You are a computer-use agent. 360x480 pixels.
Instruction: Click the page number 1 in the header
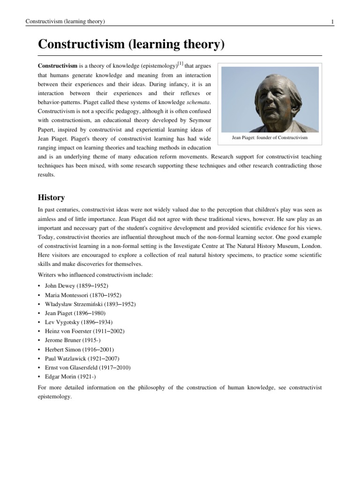click(x=332, y=22)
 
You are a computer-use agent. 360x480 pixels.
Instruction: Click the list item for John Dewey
click(x=76, y=285)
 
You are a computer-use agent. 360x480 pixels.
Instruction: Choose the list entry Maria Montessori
click(x=83, y=295)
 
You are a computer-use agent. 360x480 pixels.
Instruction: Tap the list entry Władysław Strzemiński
click(x=90, y=304)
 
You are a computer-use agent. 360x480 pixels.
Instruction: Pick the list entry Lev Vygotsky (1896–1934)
click(x=78, y=322)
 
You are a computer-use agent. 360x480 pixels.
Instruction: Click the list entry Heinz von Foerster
click(x=84, y=331)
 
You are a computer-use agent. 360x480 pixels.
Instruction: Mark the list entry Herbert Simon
click(x=79, y=349)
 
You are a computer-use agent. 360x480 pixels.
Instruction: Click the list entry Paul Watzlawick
click(x=82, y=359)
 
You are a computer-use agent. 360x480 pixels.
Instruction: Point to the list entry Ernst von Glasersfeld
click(x=88, y=367)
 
